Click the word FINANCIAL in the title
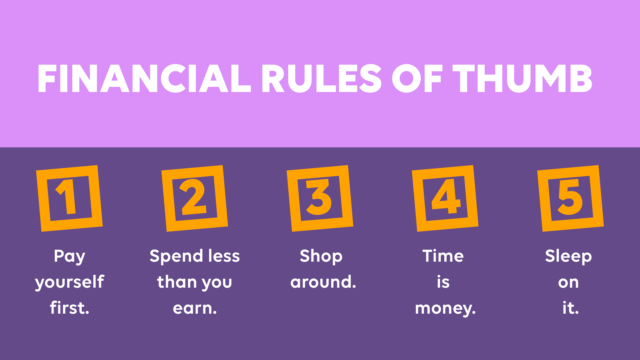click(144, 79)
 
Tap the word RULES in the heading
click(321, 79)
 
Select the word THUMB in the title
click(522, 79)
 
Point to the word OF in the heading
click(417, 79)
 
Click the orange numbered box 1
click(69, 198)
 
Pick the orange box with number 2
click(195, 198)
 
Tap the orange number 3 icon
click(320, 198)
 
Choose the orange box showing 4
click(445, 198)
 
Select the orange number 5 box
click(571, 198)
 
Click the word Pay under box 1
click(69, 256)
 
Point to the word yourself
click(69, 282)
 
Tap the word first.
click(69, 308)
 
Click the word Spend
click(176, 256)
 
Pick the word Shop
click(321, 256)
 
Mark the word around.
click(323, 282)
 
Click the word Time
click(443, 256)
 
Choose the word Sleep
click(568, 256)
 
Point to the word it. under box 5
click(570, 308)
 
